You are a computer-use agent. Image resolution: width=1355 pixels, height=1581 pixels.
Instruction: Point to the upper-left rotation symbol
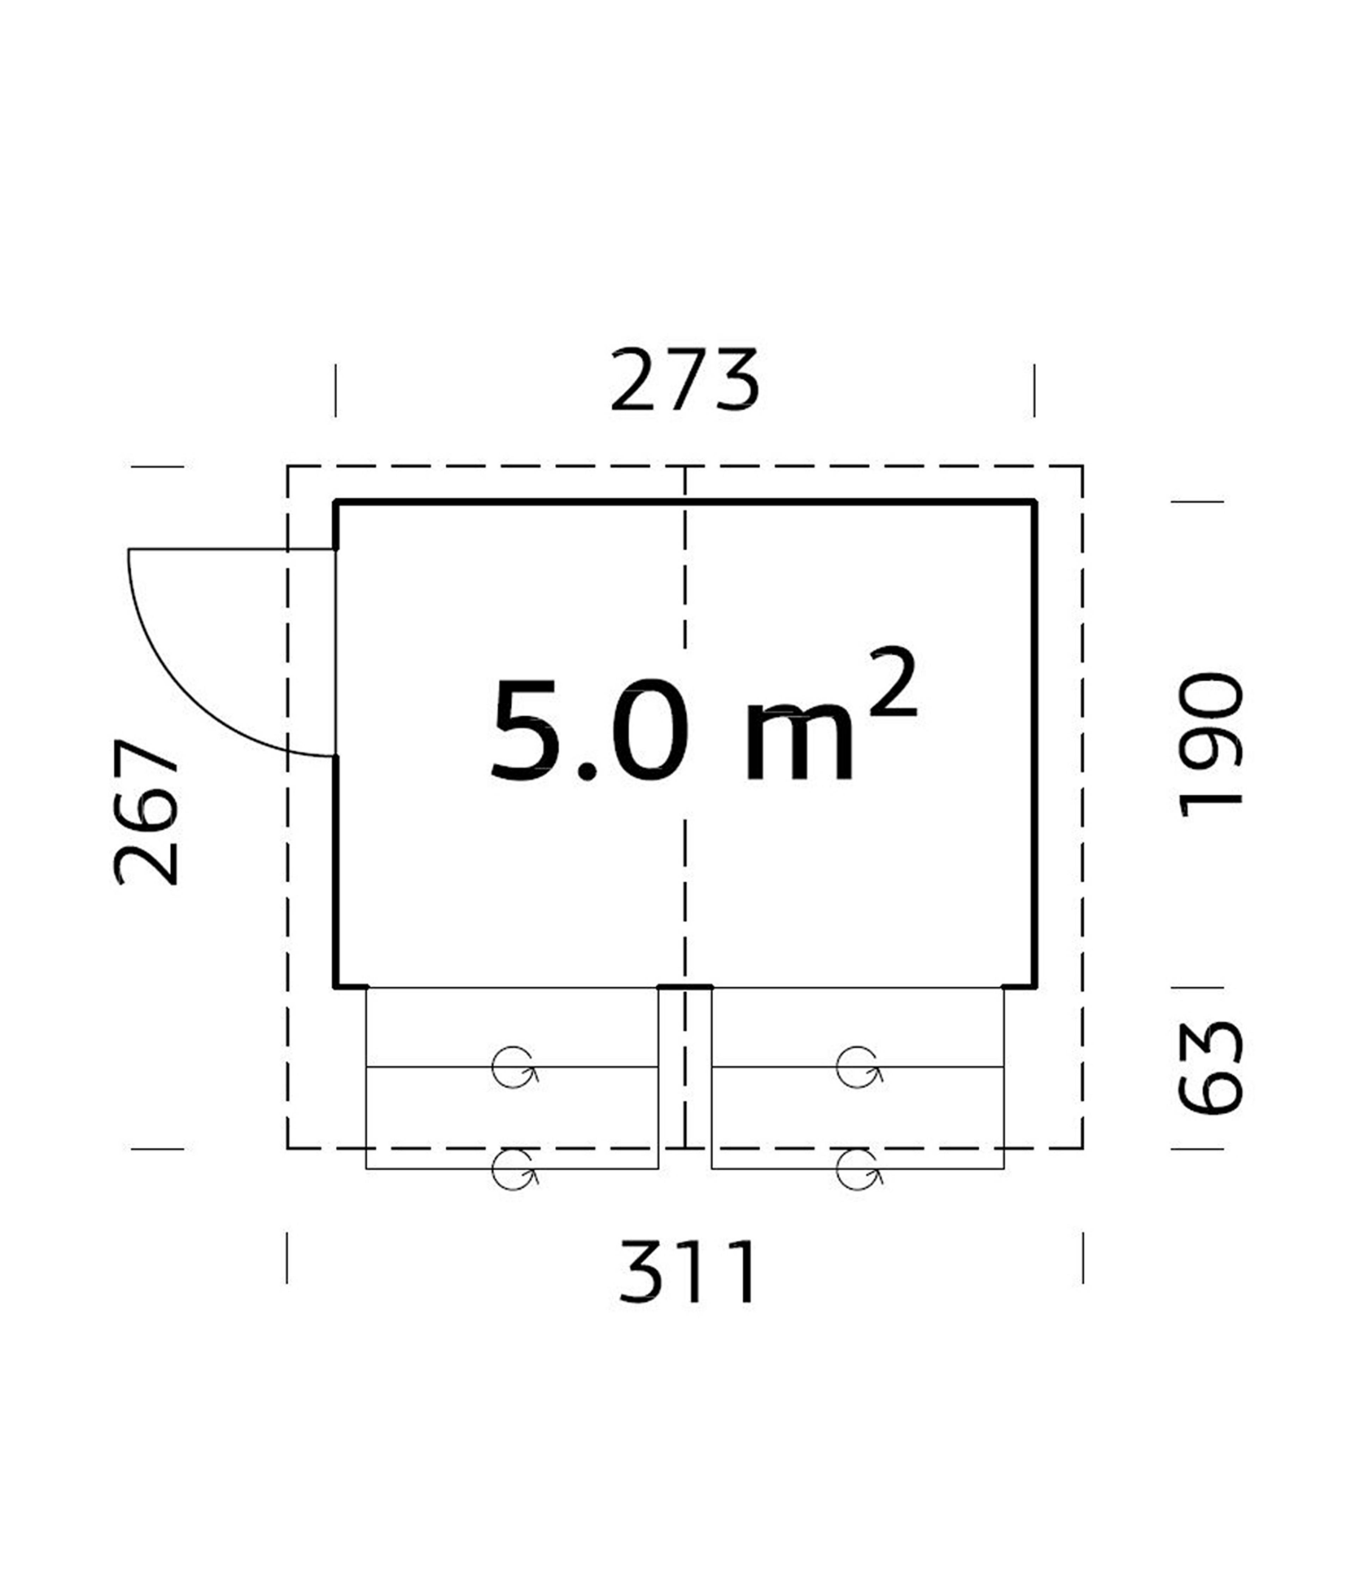click(x=514, y=1066)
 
